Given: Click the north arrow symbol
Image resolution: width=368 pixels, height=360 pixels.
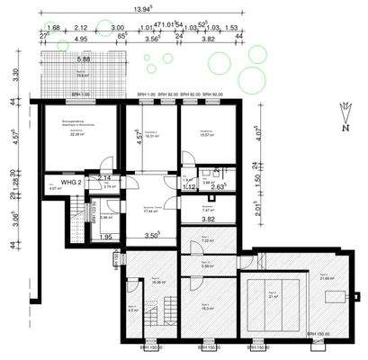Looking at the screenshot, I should pyautogui.click(x=346, y=115).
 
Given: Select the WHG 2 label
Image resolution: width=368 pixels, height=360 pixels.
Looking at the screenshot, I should pyautogui.click(x=73, y=182).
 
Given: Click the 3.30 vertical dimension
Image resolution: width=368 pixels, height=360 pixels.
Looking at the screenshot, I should pyautogui.click(x=12, y=76).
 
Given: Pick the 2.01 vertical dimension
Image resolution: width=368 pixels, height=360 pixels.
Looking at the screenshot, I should pyautogui.click(x=257, y=210).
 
